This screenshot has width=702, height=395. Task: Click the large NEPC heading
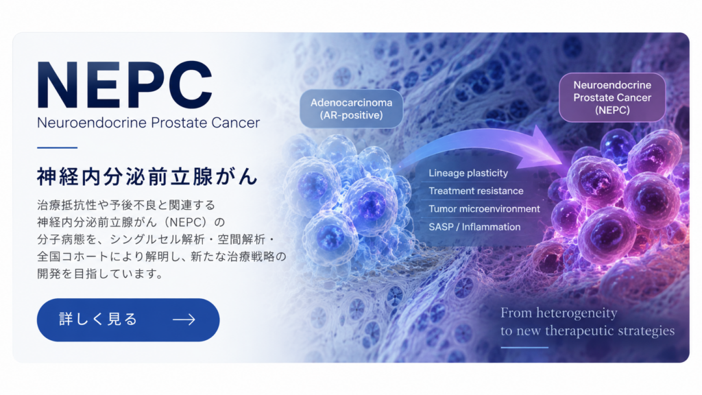tap(125, 85)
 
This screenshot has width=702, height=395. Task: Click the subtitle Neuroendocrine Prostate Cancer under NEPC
tap(148, 123)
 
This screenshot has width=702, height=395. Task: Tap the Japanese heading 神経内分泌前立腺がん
tap(147, 176)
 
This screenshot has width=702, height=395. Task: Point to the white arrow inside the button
tap(184, 320)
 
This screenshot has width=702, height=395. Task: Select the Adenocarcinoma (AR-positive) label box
tap(352, 109)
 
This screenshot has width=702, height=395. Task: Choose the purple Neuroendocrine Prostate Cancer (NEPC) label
tap(612, 97)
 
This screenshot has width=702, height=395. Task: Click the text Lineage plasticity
tap(468, 173)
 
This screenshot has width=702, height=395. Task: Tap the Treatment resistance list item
tap(476, 191)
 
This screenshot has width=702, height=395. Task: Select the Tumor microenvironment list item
tap(485, 208)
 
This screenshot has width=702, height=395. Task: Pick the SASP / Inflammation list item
tap(474, 227)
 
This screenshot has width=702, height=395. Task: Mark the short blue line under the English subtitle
tap(58, 147)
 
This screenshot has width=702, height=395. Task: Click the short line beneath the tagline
tap(524, 348)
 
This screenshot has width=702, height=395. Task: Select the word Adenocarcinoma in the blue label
tap(352, 103)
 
